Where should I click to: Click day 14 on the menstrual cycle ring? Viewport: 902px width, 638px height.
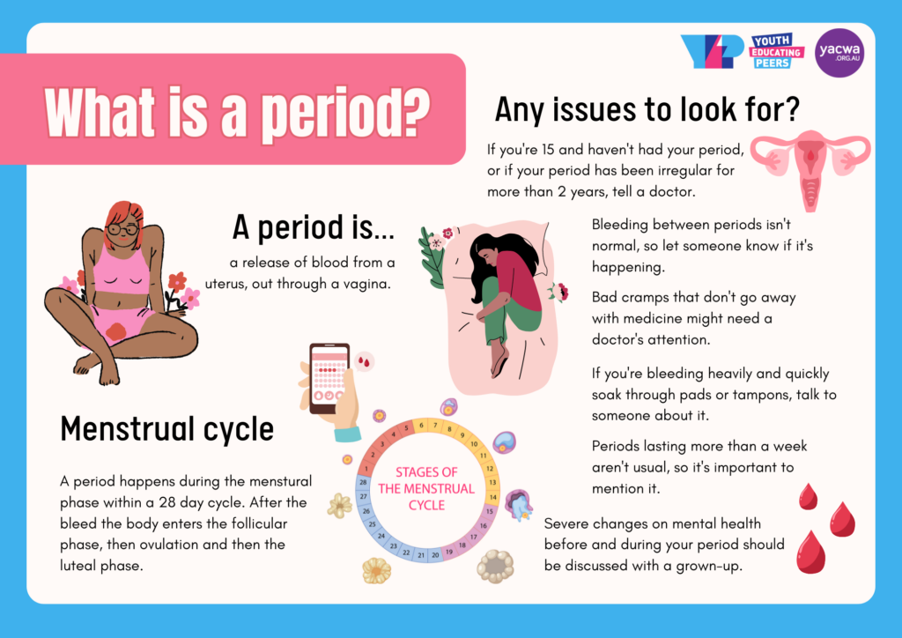[x=492, y=497]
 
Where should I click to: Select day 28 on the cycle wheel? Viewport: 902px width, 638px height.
[x=364, y=483]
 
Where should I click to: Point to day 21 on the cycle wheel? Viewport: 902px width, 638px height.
[x=422, y=555]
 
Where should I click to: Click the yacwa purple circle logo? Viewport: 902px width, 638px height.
[x=839, y=53]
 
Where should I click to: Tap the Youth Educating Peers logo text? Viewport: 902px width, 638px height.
[x=776, y=52]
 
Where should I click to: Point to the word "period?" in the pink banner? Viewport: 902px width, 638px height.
[x=352, y=113]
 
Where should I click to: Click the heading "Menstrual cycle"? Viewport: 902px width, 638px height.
[x=166, y=429]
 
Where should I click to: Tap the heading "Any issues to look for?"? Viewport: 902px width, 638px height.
[x=647, y=110]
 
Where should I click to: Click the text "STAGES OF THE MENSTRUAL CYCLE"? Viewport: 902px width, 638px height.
[x=426, y=488]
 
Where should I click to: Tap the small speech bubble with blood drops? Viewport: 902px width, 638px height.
[x=364, y=360]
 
